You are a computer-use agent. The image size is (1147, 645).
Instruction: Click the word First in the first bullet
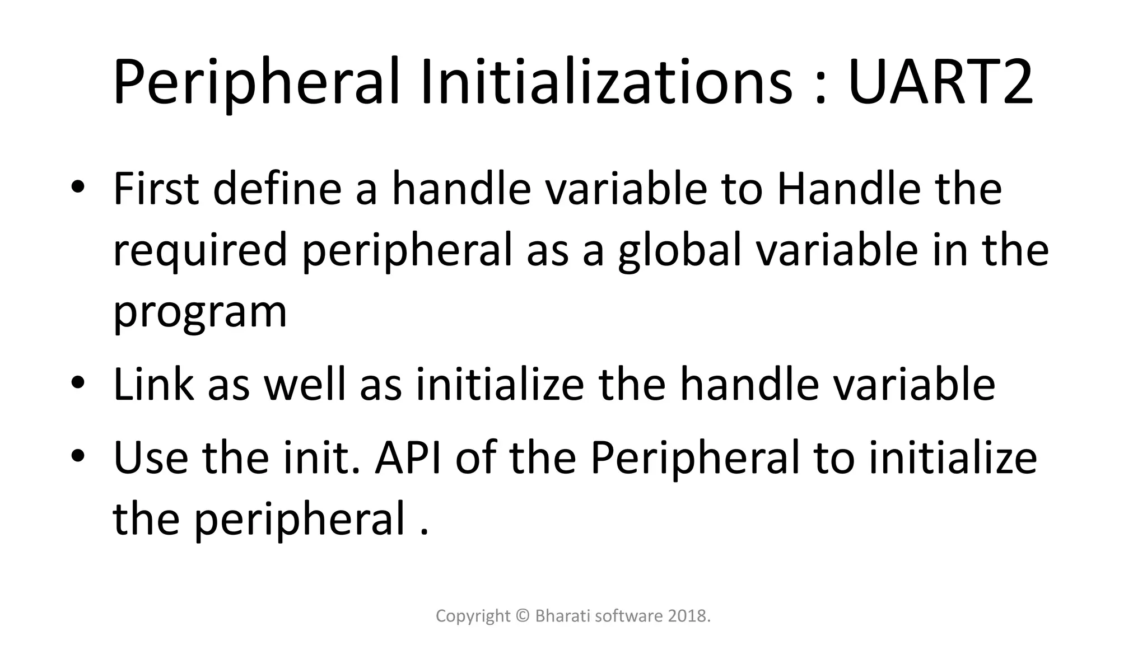click(x=156, y=189)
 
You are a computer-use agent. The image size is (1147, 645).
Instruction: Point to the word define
click(x=277, y=189)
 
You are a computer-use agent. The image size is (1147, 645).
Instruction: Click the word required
click(x=200, y=250)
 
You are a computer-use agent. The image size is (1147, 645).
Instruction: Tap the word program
click(x=200, y=312)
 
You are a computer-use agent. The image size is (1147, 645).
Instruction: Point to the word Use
click(x=151, y=457)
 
